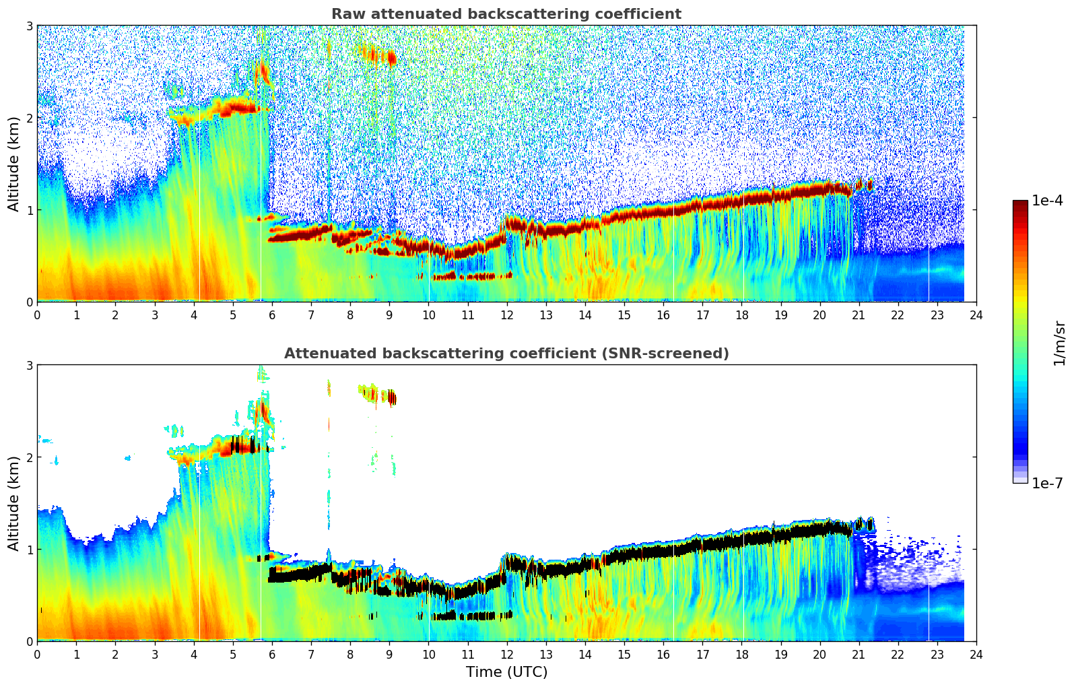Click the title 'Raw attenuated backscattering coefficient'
(506, 14)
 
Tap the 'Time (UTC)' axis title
(506, 672)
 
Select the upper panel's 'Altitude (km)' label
(13, 164)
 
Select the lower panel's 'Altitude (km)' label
(13, 503)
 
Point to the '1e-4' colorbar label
(1047, 201)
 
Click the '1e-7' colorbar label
(1047, 483)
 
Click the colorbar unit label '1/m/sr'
(1059, 343)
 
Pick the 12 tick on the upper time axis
(506, 315)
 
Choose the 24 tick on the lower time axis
(976, 654)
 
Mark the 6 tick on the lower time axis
(272, 654)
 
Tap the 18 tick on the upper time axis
(741, 315)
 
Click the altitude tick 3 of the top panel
(29, 26)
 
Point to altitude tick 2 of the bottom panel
(29, 457)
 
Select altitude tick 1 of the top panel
(29, 210)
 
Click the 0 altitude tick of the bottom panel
(29, 641)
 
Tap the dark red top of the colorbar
(1019, 203)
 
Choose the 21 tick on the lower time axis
(859, 654)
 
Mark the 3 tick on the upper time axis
(155, 315)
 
